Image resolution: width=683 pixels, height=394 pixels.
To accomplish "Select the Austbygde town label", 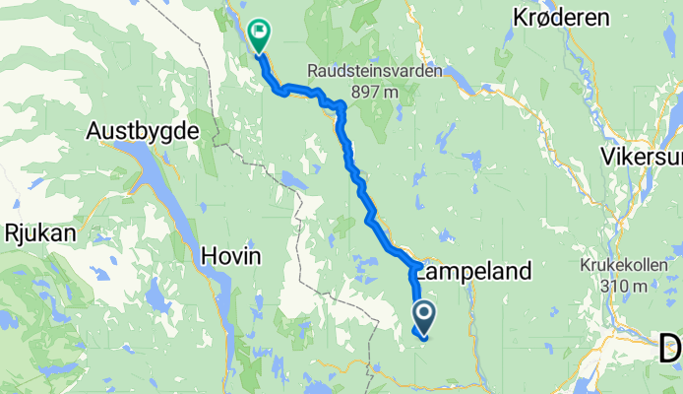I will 144,130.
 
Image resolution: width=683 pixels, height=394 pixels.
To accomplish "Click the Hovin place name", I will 230,256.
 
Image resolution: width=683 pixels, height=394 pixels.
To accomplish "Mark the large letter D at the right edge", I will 671,348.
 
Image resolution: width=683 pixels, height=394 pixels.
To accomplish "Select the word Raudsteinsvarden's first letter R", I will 312,72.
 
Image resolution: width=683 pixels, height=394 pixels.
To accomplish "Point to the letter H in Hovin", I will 208,256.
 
